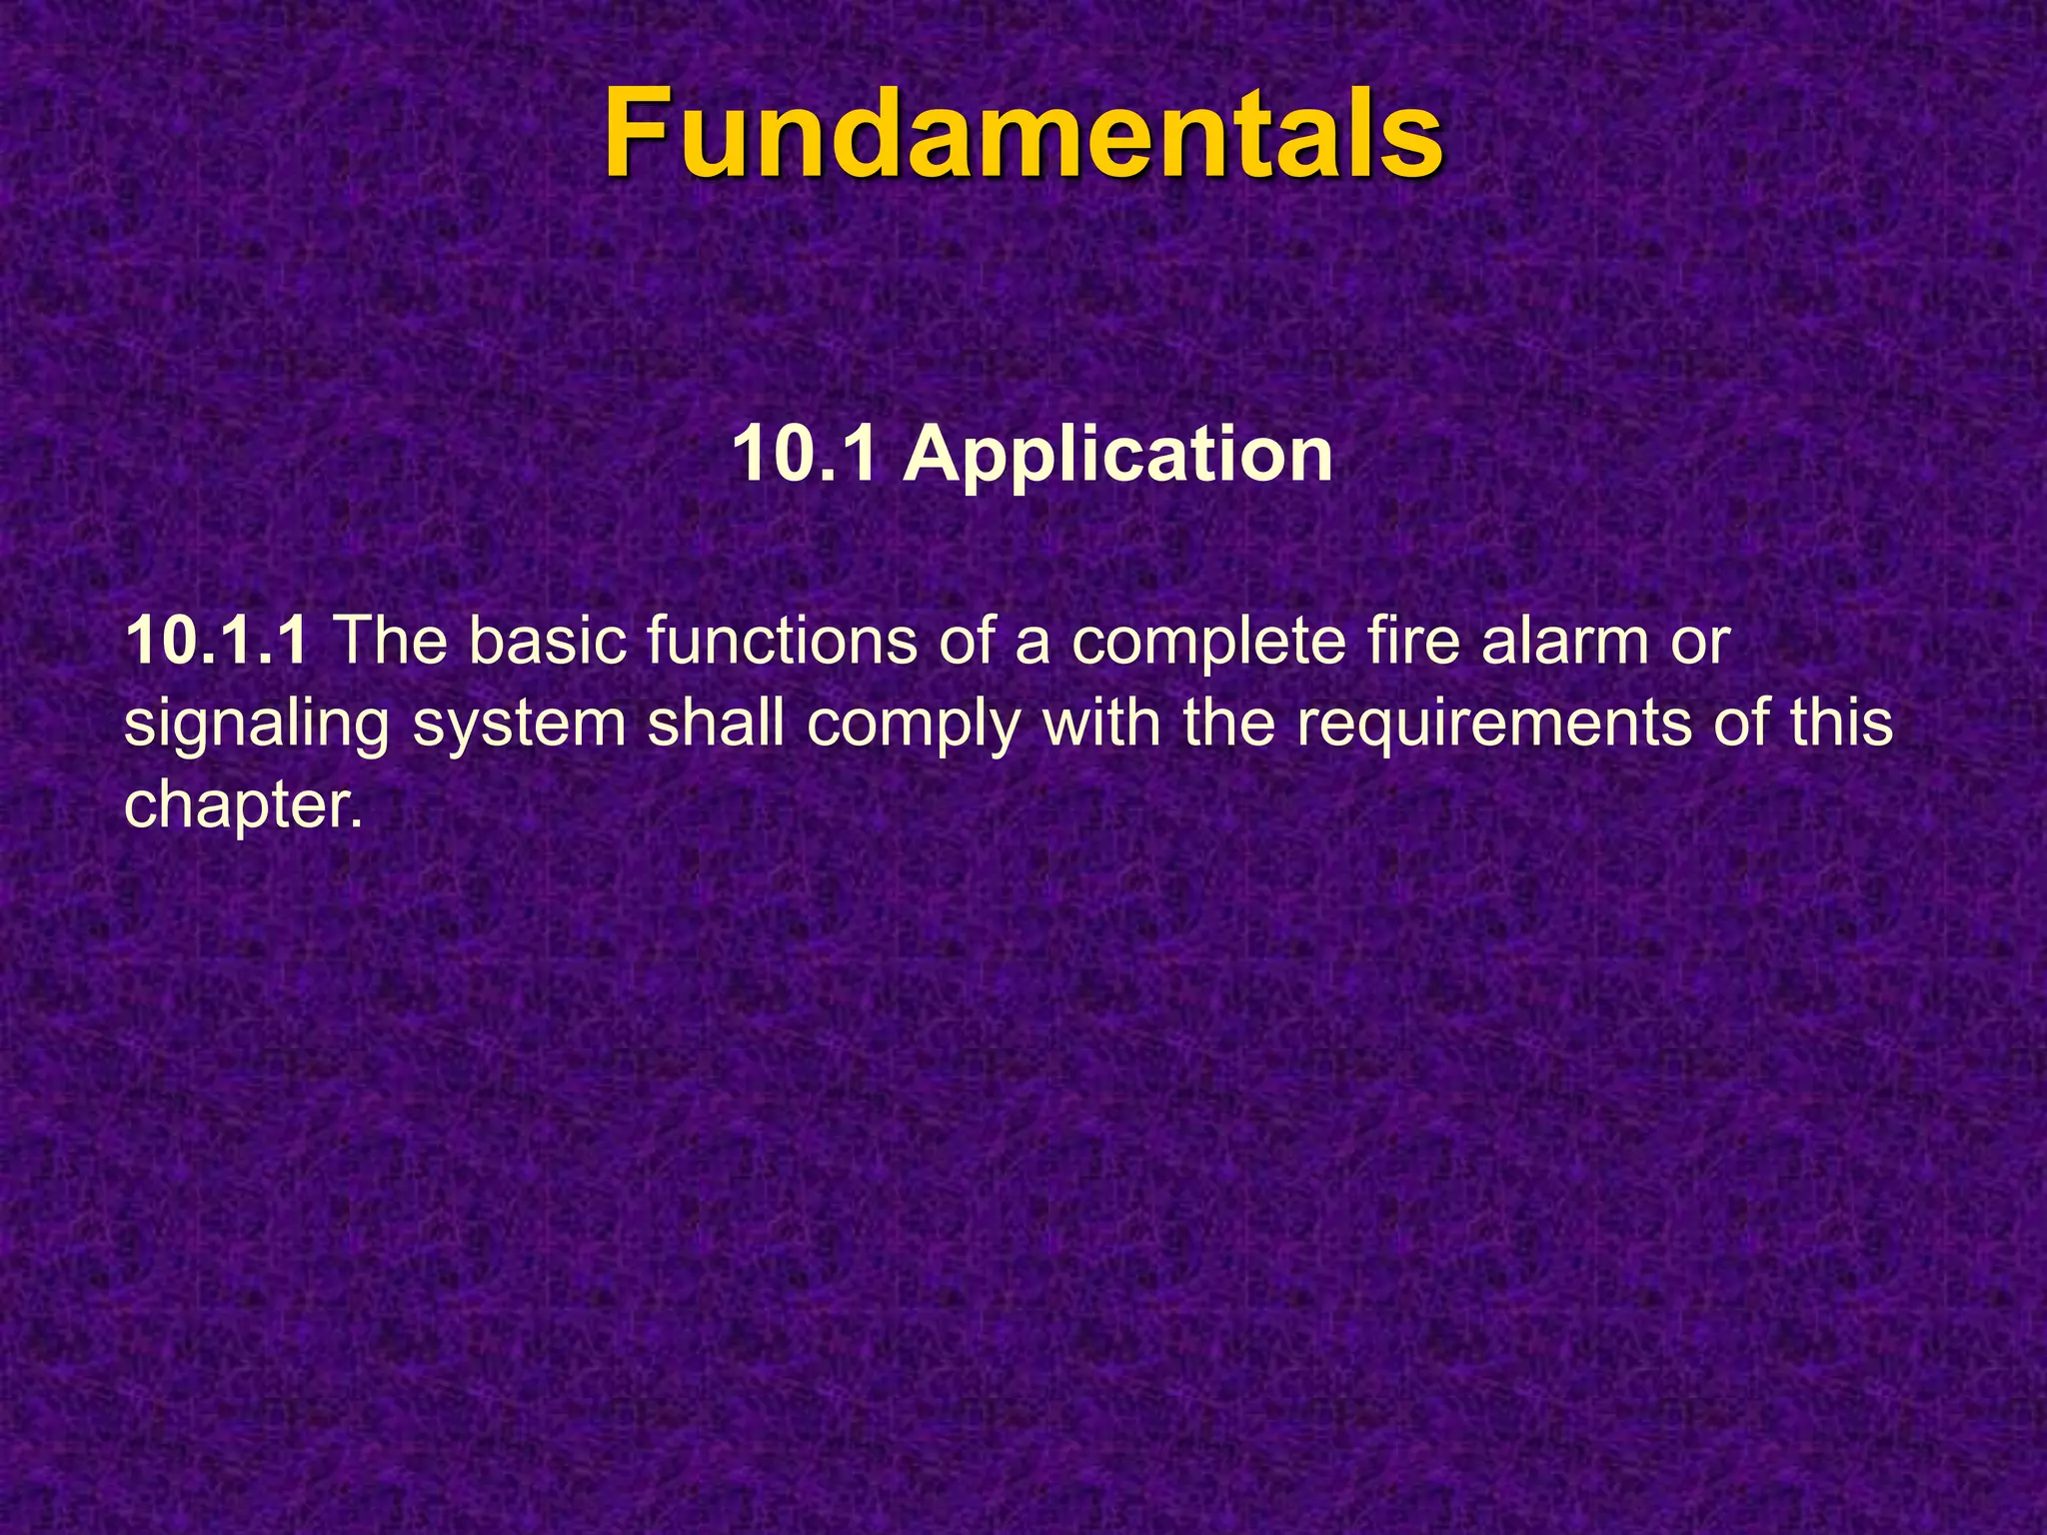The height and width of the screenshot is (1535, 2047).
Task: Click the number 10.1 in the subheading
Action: pyautogui.click(x=806, y=455)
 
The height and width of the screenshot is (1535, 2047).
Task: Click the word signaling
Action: pyautogui.click(x=256, y=727)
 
